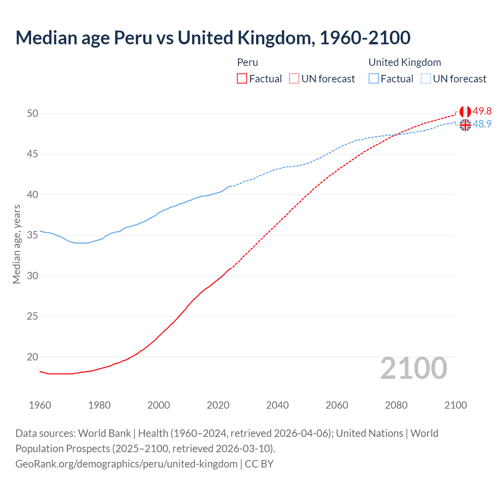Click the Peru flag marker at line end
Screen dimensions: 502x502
pyautogui.click(x=465, y=112)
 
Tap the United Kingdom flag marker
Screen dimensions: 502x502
pyautogui.click(x=465, y=125)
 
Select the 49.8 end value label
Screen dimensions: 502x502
pyautogui.click(x=482, y=111)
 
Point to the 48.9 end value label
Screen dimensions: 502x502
pyautogui.click(x=482, y=124)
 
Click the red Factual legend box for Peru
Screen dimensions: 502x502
pyautogui.click(x=242, y=79)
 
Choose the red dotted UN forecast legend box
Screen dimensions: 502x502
pyautogui.click(x=294, y=79)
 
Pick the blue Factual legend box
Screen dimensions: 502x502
pyautogui.click(x=374, y=79)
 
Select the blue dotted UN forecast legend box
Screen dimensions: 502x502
pyautogui.click(x=426, y=79)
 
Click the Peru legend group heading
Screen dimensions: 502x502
pyautogui.click(x=247, y=62)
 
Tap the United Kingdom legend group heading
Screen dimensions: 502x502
pyautogui.click(x=405, y=62)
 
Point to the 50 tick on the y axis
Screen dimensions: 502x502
pyautogui.click(x=33, y=113)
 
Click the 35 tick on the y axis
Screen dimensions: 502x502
pyautogui.click(x=33, y=235)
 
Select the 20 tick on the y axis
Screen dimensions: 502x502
pyautogui.click(x=33, y=357)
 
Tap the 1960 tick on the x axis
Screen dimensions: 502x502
pyautogui.click(x=40, y=405)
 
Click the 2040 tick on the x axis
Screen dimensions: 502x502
pyautogui.click(x=277, y=405)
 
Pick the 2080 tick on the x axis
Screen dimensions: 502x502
pyautogui.click(x=396, y=405)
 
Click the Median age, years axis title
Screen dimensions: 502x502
pyautogui.click(x=16, y=244)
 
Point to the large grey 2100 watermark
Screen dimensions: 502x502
pyautogui.click(x=414, y=368)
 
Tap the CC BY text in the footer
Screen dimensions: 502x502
pyautogui.click(x=259, y=464)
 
